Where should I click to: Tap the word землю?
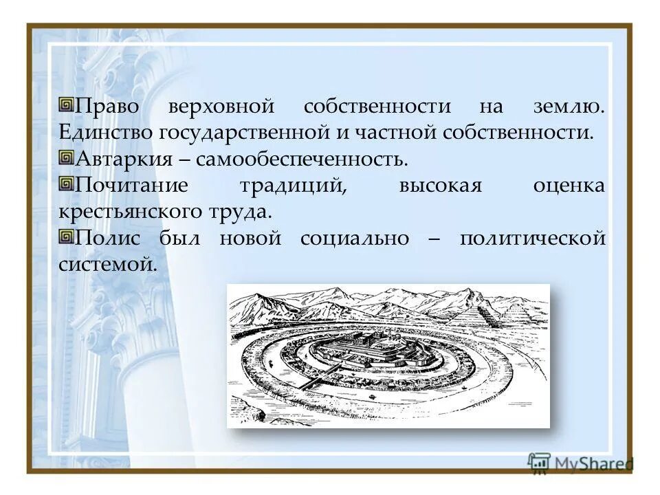coord(569,107)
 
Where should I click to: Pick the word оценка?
coord(569,186)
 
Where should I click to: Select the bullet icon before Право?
coord(66,106)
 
